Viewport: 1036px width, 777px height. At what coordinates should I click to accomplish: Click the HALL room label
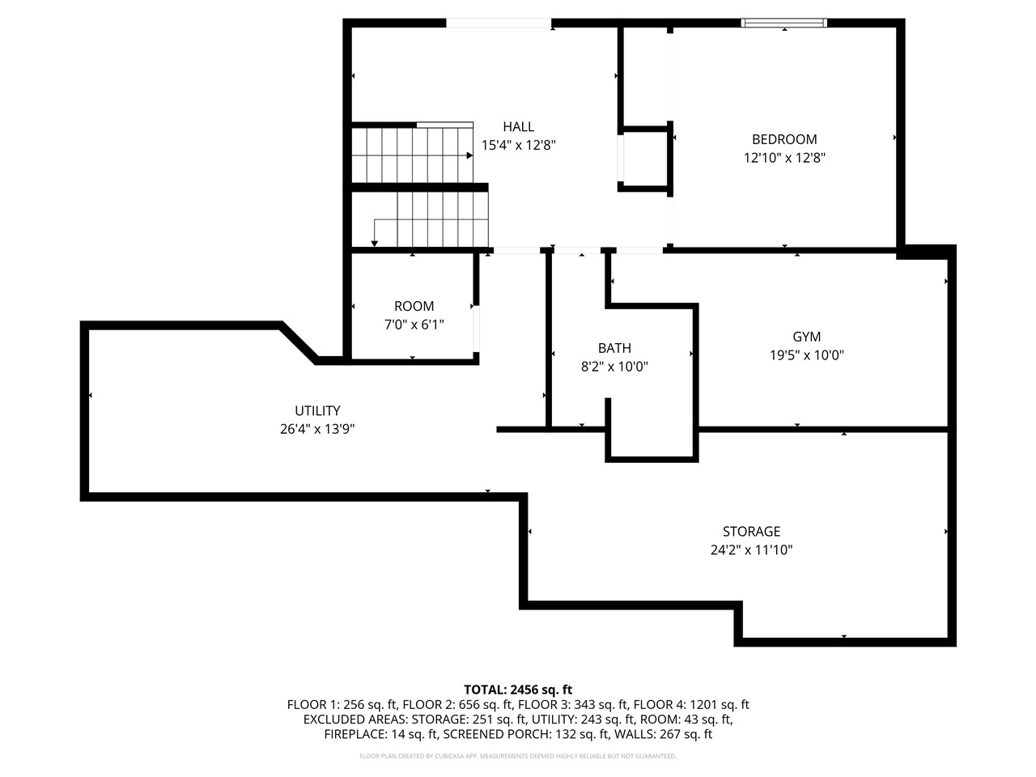tap(518, 127)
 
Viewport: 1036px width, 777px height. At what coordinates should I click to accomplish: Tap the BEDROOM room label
tap(784, 139)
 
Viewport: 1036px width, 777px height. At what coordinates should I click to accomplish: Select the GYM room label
tap(806, 337)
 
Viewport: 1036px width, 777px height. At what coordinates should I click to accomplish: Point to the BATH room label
tap(614, 348)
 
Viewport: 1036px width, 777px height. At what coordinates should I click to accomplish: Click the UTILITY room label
tap(317, 411)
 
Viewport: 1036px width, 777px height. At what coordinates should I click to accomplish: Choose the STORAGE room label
tap(751, 532)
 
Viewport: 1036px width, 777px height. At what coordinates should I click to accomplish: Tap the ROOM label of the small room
tap(414, 306)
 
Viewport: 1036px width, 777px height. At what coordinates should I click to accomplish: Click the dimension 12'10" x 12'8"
tap(784, 158)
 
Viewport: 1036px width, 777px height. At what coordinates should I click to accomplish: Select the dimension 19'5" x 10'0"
tap(806, 355)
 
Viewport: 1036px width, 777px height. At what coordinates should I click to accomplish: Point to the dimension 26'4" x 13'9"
tap(317, 429)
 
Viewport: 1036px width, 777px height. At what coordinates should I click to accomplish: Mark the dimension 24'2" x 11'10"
tap(751, 550)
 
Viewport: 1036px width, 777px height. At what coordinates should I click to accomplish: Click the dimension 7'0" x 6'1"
tap(414, 324)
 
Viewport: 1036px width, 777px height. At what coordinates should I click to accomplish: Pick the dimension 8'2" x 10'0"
tap(614, 366)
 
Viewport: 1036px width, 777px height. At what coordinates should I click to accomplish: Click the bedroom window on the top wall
tap(784, 23)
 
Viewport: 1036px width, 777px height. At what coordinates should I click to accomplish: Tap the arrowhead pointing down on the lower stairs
tap(374, 242)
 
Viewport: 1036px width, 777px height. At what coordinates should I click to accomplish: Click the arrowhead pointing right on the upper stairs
tap(469, 155)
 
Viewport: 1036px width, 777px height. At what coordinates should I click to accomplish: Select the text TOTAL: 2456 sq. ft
tap(518, 690)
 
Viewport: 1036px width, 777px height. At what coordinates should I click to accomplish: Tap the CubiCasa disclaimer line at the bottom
tap(518, 756)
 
